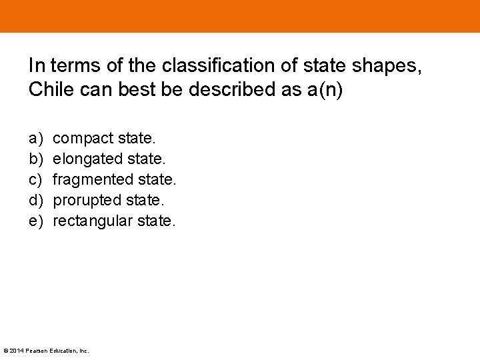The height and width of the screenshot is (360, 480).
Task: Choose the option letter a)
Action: (x=35, y=139)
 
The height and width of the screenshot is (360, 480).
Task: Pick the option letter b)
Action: (x=35, y=159)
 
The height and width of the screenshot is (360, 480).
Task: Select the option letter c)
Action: (x=35, y=179)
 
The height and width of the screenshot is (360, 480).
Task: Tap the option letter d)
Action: (x=35, y=200)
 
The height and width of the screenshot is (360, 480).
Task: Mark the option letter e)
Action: (x=35, y=221)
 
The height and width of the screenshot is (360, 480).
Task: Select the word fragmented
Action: (x=93, y=179)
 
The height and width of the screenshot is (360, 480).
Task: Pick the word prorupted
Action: (x=86, y=200)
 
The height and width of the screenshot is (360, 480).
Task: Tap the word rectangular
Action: (x=93, y=221)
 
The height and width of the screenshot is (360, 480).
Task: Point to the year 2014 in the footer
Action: (x=15, y=351)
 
